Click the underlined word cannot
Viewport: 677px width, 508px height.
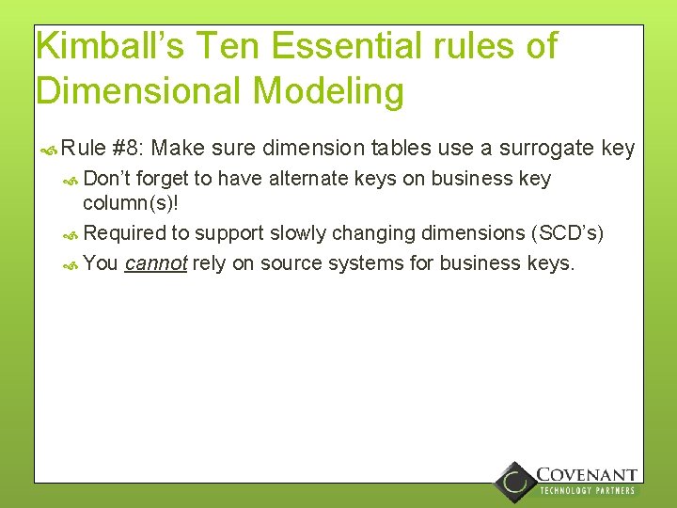point(156,263)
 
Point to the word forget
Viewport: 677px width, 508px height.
point(163,179)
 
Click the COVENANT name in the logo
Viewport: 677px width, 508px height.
point(586,475)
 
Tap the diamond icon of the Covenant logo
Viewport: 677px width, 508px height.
point(515,482)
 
